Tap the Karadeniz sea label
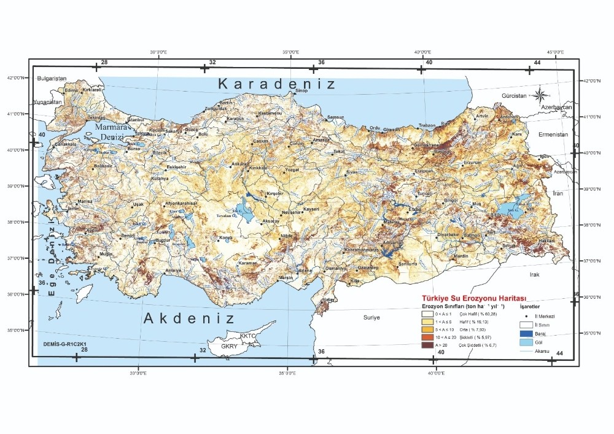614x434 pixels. [x=278, y=84]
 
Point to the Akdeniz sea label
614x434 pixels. [x=189, y=318]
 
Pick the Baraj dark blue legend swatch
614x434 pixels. [x=526, y=332]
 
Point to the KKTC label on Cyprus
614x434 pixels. [x=247, y=336]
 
